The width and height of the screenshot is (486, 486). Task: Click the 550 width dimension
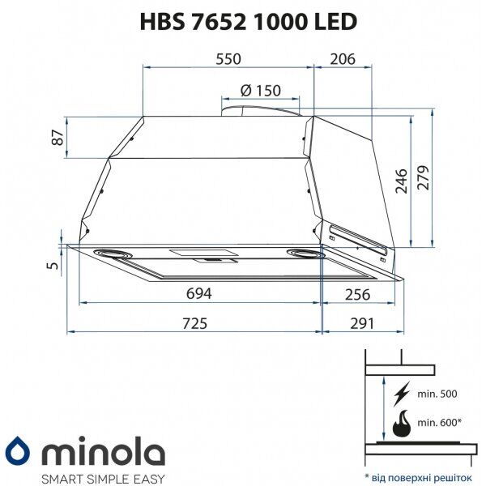coord(228,59)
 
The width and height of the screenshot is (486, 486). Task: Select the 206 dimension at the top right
coord(343,59)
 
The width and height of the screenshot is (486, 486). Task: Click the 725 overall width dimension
coord(194,323)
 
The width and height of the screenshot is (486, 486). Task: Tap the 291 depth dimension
coord(361,323)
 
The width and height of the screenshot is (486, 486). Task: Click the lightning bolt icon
coord(400,394)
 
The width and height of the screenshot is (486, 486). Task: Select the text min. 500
coord(437,394)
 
